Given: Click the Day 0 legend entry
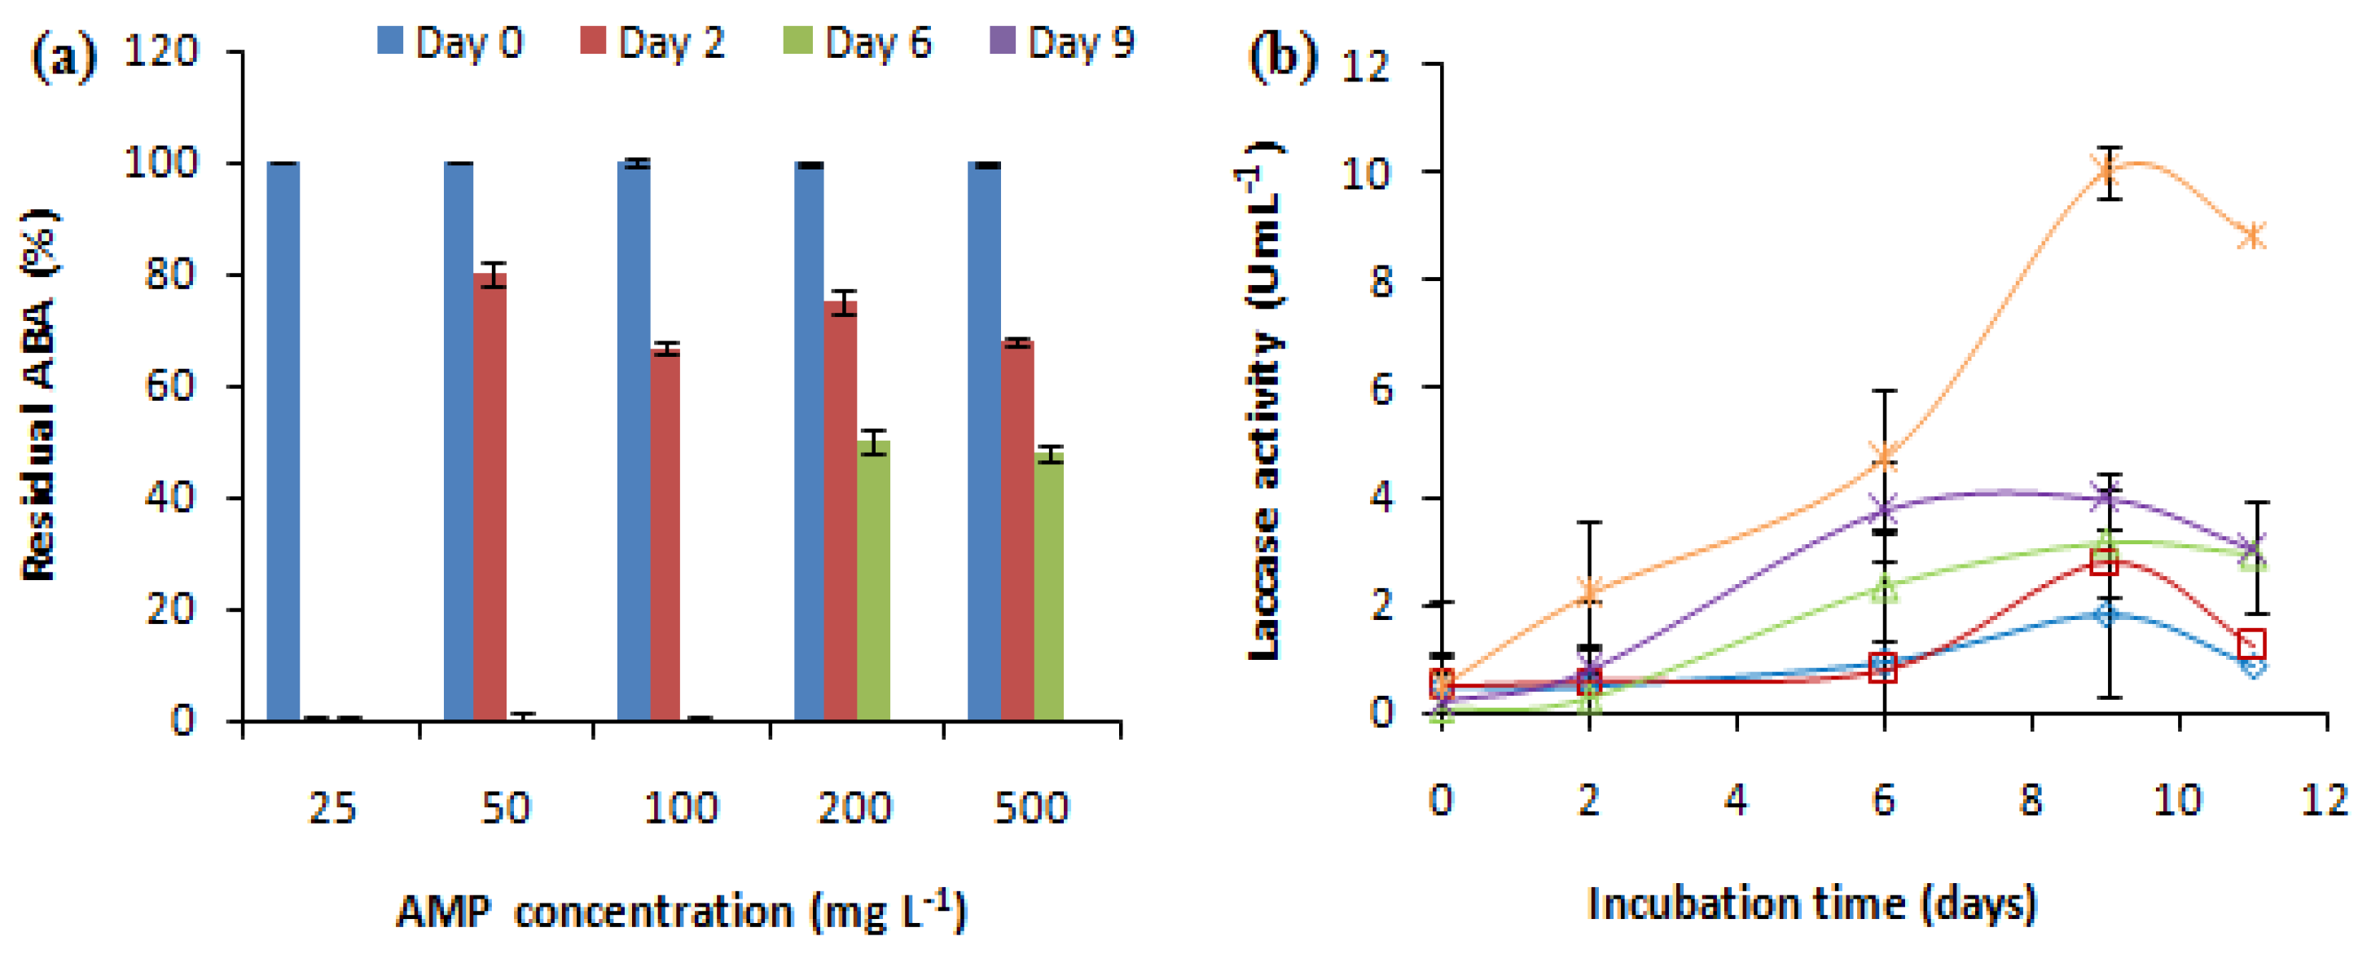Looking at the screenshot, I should pyautogui.click(x=450, y=42).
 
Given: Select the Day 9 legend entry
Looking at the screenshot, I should pyautogui.click(x=1062, y=42).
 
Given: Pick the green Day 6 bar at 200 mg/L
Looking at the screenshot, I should pyautogui.click(x=872, y=582).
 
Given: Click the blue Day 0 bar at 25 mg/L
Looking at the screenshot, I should pyautogui.click(x=283, y=439).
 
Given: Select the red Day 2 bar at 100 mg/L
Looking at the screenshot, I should pyautogui.click(x=665, y=535).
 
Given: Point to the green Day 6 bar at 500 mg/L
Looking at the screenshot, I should pyautogui.click(x=1049, y=586).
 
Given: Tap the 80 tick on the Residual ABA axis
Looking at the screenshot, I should pyautogui.click(x=171, y=275).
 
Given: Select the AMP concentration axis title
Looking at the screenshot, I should pyautogui.click(x=682, y=911).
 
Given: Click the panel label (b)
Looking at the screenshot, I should pyautogui.click(x=1282, y=57).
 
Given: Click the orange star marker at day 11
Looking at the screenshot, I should pyautogui.click(x=2253, y=235).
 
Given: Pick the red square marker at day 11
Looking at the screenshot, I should pyautogui.click(x=2251, y=643).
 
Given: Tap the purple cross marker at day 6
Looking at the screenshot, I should pyautogui.click(x=1883, y=508).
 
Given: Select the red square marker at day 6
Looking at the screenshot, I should pyautogui.click(x=1883, y=669).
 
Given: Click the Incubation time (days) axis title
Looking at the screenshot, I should pyautogui.click(x=1811, y=903).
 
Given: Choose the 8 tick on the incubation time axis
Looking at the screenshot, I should pyautogui.click(x=2031, y=800).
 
